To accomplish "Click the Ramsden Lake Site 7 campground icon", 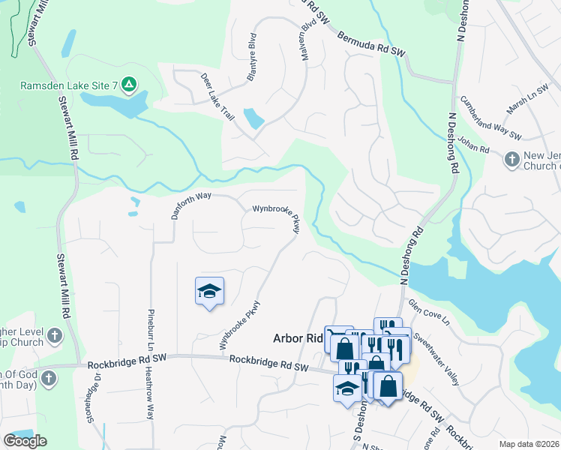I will click(129, 85).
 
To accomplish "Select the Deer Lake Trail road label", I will click(217, 98).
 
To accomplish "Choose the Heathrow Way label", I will click(149, 392).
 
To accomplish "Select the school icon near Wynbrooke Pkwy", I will click(210, 291).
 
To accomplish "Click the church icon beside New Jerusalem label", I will click(512, 159).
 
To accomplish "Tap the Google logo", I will click(25, 441).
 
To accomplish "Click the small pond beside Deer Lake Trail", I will click(254, 118).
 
